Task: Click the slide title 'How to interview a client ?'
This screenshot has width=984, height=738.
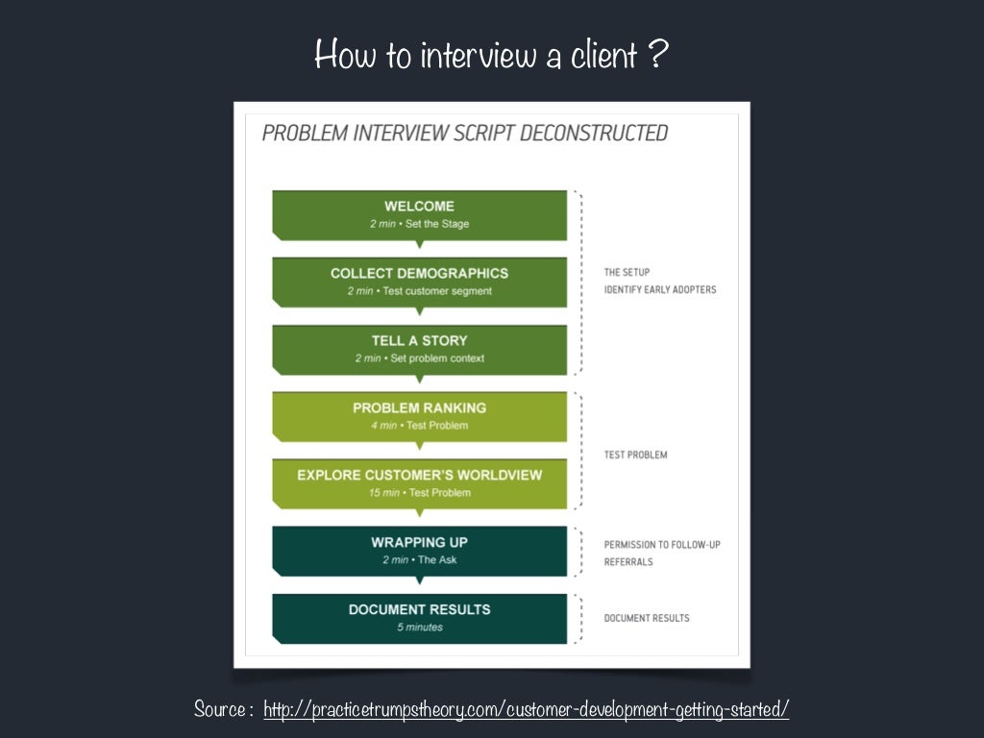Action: (x=491, y=55)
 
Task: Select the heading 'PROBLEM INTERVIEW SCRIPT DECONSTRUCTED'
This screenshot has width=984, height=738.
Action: (x=464, y=133)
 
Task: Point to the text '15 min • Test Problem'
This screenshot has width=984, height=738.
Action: (x=419, y=493)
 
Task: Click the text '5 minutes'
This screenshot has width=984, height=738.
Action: (x=419, y=627)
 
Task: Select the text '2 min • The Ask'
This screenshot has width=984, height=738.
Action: (x=419, y=560)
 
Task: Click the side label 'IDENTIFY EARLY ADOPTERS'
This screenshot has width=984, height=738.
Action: (x=659, y=289)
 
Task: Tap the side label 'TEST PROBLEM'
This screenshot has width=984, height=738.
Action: (x=635, y=455)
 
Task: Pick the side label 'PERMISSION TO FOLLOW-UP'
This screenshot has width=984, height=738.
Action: (x=661, y=545)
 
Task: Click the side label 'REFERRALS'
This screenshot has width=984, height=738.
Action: (x=627, y=562)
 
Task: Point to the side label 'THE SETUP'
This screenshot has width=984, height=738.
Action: (x=627, y=272)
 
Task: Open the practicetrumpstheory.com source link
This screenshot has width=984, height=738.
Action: (x=526, y=710)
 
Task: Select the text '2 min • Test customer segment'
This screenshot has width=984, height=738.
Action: (x=419, y=291)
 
